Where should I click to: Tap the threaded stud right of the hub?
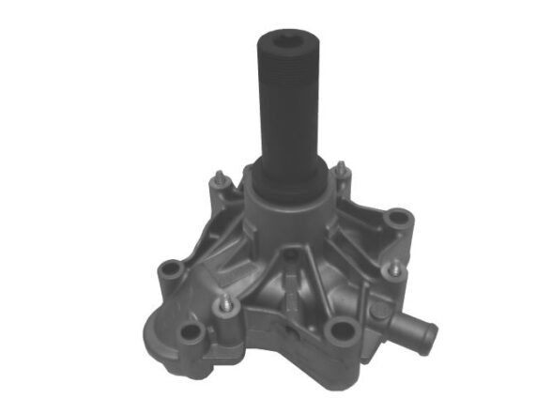[x=342, y=172]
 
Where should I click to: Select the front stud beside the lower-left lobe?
[x=226, y=304]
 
